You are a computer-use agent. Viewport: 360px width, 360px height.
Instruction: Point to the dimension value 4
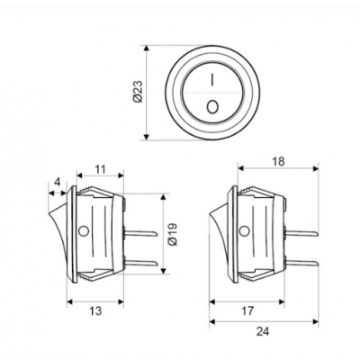pos(57,182)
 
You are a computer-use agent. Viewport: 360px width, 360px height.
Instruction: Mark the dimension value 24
pos(263,331)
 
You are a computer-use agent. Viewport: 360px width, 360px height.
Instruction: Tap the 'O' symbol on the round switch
pos(212,107)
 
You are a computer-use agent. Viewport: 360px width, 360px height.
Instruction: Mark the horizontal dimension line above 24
pos(263,320)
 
